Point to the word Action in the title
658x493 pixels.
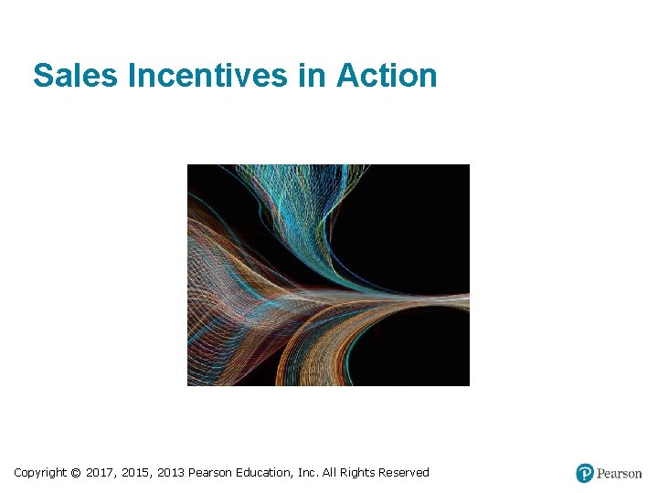point(387,76)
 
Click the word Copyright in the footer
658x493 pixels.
point(39,473)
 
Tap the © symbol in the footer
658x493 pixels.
point(76,473)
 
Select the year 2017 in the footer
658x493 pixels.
point(101,473)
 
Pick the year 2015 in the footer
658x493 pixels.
point(137,473)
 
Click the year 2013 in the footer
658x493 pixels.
point(171,473)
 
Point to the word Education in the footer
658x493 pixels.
point(262,473)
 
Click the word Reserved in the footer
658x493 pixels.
point(404,473)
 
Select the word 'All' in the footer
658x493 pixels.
point(330,473)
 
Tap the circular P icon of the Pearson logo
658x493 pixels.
point(585,473)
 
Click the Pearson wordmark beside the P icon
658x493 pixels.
point(620,474)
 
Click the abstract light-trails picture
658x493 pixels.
point(328,275)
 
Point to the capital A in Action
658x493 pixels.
point(348,76)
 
